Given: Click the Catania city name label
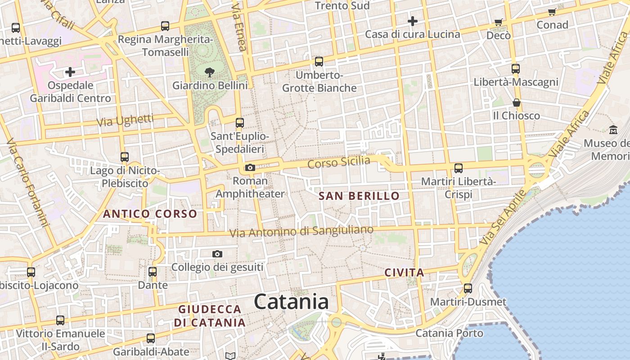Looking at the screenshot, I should pos(291,301).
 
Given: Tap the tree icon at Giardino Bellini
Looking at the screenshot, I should pos(209,72).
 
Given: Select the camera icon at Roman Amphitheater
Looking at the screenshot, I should pos(250,168).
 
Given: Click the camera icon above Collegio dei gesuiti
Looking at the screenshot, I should pos(217,254).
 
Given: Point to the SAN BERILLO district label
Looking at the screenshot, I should pos(359,196).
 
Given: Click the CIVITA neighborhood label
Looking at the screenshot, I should pos(405,272).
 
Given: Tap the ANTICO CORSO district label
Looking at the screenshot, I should pos(150,214).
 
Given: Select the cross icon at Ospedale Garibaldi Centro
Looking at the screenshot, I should pos(70,72).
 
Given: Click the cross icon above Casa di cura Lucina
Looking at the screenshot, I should pos(412,21).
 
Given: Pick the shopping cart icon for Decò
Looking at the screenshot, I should pos(498,22).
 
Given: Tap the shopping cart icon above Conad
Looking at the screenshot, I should pos(552,12).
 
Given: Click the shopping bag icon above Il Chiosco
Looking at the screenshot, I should pos(516,103).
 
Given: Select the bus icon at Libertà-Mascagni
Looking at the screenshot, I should pos(516,69).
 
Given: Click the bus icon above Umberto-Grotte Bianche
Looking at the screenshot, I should pos(319,62).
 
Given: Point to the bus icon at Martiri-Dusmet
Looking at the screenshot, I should pos(468,288).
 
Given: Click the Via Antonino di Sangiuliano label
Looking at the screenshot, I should pos(301,231).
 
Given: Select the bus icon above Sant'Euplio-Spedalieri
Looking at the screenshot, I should pos(240,122).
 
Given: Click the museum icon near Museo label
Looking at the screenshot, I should pos(613,130).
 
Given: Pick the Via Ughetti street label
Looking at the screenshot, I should pos(125,121).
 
